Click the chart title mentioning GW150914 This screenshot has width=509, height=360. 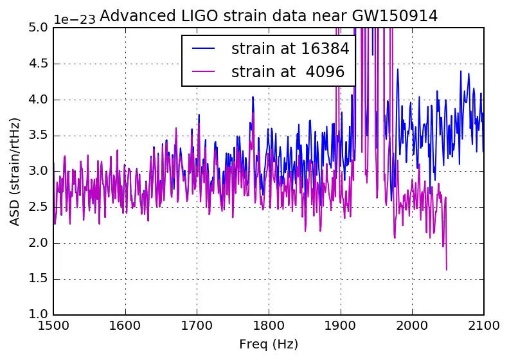click(269, 17)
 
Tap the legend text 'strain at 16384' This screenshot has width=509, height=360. click(290, 49)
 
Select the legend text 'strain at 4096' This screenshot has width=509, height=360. click(290, 72)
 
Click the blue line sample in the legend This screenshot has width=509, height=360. click(203, 49)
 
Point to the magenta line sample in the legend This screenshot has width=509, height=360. click(203, 72)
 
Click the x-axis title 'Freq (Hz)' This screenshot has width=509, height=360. click(268, 345)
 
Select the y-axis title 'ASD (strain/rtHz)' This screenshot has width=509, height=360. click(15, 171)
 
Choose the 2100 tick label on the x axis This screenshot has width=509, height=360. click(483, 326)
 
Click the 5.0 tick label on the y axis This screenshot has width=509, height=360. click(38, 28)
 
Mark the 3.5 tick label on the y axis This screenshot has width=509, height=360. click(38, 135)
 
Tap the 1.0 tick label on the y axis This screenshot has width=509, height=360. click(38, 314)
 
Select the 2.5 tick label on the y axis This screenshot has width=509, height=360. click(38, 207)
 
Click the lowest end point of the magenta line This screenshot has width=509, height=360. click(447, 269)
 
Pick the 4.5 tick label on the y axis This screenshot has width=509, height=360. click(38, 64)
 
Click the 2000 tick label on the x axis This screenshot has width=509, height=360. click(411, 326)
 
